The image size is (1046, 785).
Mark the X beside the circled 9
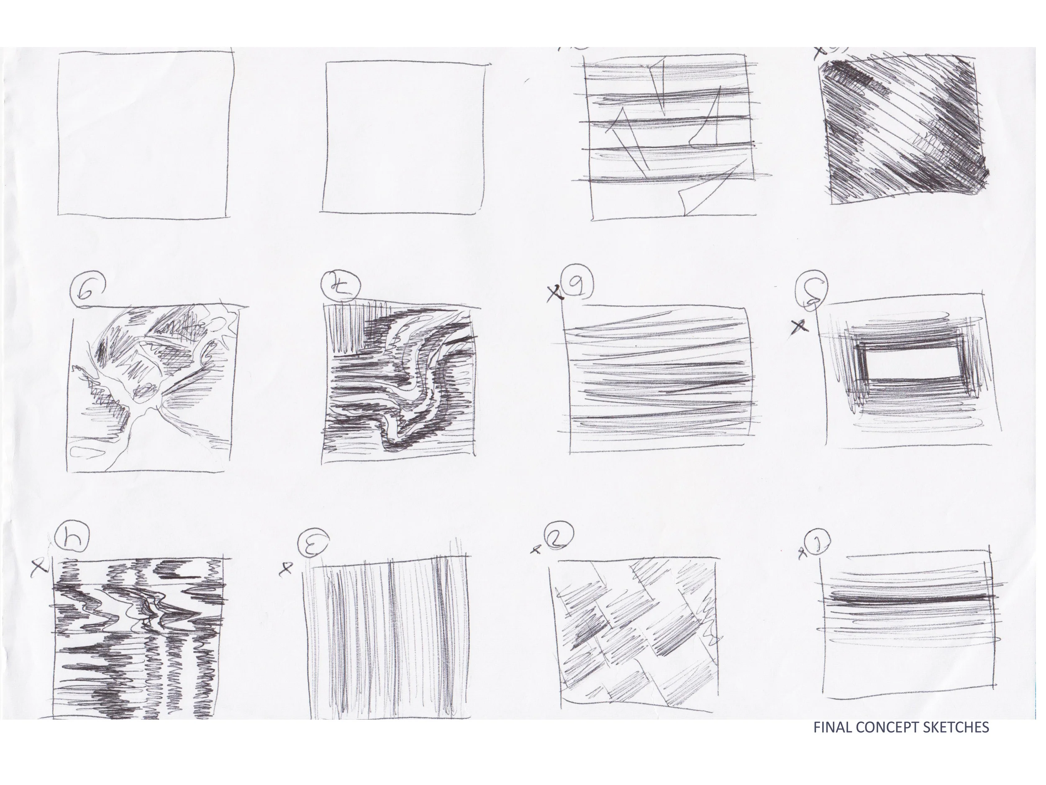[556, 295]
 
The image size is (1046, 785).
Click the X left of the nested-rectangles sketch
[800, 326]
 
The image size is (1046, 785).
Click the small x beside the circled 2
[536, 549]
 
